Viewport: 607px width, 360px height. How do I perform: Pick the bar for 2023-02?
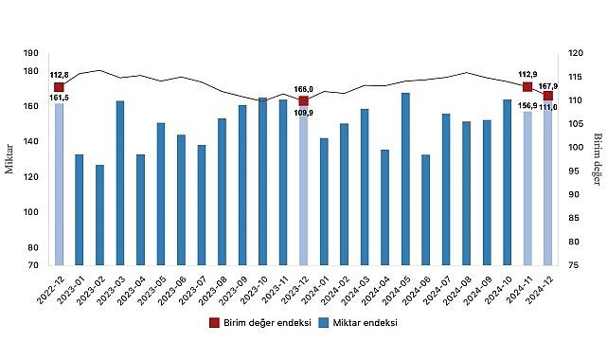tap(99, 214)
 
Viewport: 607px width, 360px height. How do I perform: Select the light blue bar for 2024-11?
tap(527, 187)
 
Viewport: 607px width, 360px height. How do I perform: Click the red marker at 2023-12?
tap(303, 100)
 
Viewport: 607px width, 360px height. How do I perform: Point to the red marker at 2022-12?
tap(59, 87)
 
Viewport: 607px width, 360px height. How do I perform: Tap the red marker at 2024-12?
tap(548, 95)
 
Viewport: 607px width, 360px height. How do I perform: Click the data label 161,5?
tap(59, 97)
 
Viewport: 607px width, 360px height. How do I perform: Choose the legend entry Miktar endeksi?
tap(357, 323)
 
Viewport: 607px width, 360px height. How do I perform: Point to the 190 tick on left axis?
tap(32, 54)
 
